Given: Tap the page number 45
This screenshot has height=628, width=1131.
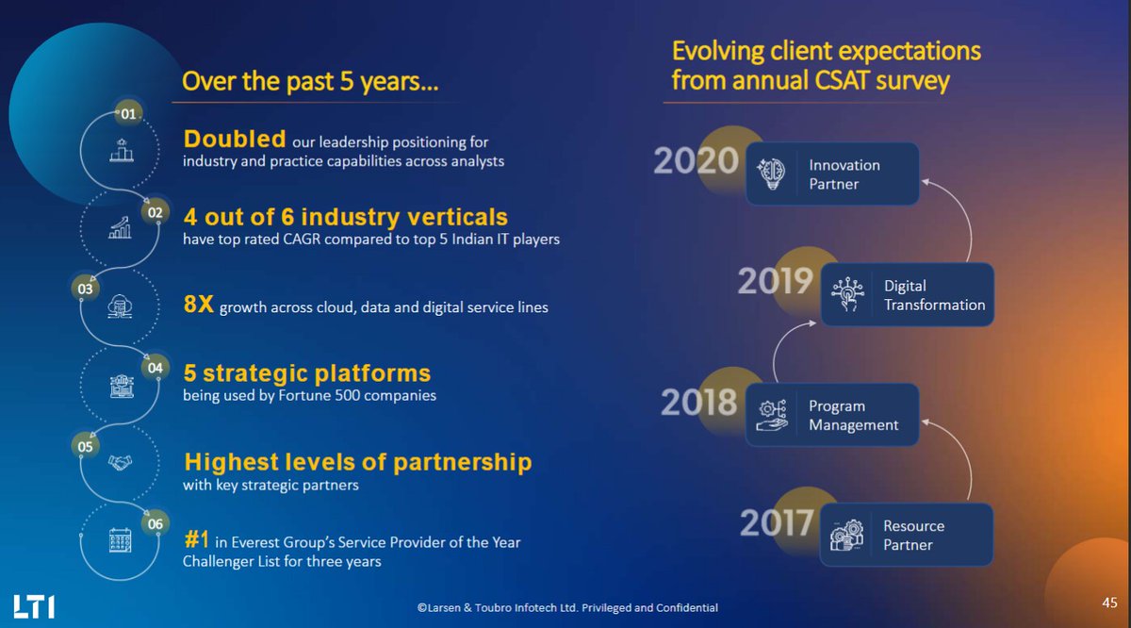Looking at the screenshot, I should point(1110,602).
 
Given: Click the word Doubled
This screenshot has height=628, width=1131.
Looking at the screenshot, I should point(235,140).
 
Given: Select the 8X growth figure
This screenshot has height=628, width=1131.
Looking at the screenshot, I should point(200,306).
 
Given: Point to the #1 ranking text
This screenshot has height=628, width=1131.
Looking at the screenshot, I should point(196,541).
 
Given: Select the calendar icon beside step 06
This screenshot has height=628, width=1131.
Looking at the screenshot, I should point(120,539).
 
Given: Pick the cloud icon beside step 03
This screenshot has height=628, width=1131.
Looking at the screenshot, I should point(120,305).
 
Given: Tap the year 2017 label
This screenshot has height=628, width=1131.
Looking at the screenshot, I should point(776,521).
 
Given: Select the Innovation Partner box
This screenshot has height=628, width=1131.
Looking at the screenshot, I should point(831,174).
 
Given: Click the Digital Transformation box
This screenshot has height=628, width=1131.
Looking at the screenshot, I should point(907,295).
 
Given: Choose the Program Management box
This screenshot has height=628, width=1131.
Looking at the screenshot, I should point(831,415).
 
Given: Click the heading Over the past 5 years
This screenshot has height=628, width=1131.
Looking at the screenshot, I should point(310,82).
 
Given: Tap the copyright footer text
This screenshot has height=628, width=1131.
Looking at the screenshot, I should point(567,608).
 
